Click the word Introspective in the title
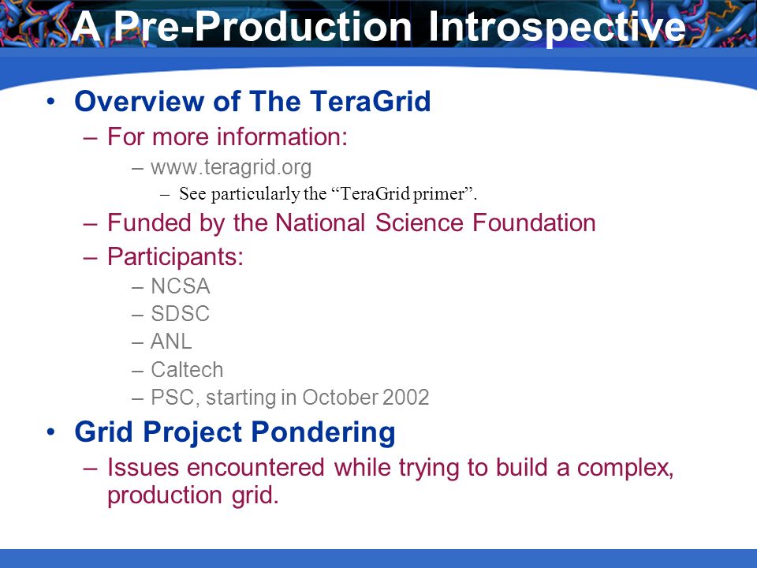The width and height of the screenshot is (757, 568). point(557,27)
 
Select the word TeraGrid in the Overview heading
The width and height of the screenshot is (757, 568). point(371,101)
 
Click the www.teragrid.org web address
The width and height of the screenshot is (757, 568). point(231,167)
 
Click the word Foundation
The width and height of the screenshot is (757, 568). point(534,222)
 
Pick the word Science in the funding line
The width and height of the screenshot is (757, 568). point(419,222)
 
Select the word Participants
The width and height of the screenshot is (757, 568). point(175,256)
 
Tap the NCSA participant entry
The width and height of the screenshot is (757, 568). point(180,286)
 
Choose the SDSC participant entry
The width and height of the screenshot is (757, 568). point(180,313)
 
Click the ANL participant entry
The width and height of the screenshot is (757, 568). point(171,342)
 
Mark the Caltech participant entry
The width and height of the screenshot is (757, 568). point(187,369)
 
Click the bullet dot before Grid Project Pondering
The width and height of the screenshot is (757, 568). point(51,432)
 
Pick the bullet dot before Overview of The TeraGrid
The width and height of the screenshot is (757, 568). point(51,102)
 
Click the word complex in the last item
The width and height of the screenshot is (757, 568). point(625,468)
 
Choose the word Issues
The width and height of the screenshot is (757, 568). point(144,468)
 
